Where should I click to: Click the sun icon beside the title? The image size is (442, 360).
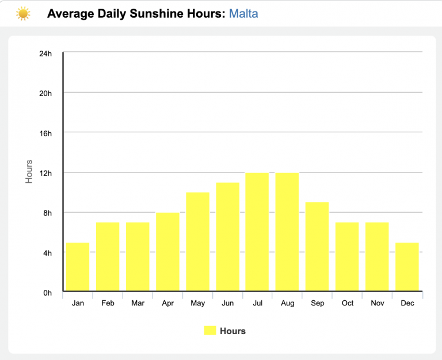23,13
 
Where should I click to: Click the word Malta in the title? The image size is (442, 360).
243,13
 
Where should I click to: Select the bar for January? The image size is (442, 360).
78,267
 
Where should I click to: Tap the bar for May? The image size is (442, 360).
197,242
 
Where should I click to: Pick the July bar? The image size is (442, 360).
257,232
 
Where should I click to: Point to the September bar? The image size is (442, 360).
317,247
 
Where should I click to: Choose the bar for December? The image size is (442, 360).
407,267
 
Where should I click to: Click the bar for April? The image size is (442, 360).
167,252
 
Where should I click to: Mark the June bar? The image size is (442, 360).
227,237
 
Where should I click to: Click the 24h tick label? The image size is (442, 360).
45,53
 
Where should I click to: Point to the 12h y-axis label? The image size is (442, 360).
45,173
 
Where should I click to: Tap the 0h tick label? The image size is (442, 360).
48,293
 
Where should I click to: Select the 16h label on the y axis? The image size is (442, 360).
45,133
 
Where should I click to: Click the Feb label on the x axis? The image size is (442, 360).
108,303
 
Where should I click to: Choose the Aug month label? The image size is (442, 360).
287,303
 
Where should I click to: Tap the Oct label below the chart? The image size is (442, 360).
347,303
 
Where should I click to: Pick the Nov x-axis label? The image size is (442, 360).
377,303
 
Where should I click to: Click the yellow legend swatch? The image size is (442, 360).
209,331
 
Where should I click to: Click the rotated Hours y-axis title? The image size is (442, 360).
29,171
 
